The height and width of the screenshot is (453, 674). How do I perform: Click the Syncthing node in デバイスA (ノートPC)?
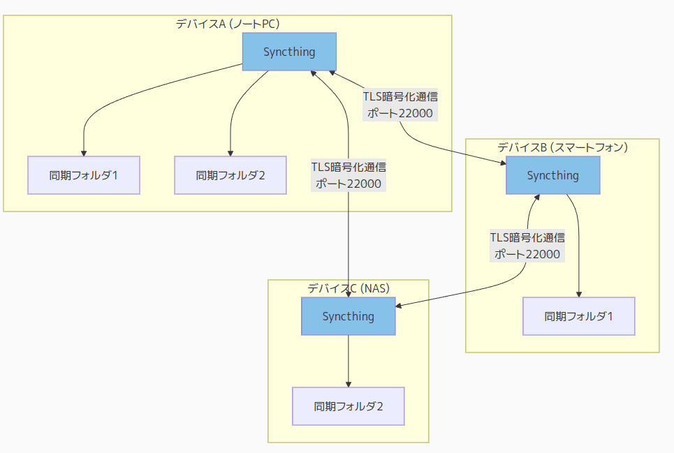[289, 52]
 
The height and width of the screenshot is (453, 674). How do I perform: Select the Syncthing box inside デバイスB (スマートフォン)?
[552, 175]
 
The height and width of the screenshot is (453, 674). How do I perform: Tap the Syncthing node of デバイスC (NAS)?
[348, 316]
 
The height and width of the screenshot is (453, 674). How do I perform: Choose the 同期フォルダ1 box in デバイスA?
[84, 174]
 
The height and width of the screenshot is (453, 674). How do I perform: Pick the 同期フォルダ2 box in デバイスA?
[230, 174]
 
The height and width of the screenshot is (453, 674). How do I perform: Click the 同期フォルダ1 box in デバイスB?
[578, 316]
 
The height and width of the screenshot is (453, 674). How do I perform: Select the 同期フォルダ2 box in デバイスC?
[348, 406]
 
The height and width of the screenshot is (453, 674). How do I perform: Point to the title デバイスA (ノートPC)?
[228, 24]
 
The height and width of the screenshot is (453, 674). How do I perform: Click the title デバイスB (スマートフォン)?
[562, 147]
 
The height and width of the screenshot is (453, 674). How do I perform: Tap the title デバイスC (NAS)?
[348, 288]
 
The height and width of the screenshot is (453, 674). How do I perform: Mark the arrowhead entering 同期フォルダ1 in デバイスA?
[84, 153]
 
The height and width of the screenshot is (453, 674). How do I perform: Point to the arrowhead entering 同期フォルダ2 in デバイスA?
[230, 153]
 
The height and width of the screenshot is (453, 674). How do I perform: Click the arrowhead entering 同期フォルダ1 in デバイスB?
[578, 294]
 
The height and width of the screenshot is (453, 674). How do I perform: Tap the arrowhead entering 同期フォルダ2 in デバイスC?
[348, 384]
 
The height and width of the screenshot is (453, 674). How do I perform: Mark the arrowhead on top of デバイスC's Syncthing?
[348, 294]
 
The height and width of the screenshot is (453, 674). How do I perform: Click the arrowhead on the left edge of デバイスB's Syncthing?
[502, 163]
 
